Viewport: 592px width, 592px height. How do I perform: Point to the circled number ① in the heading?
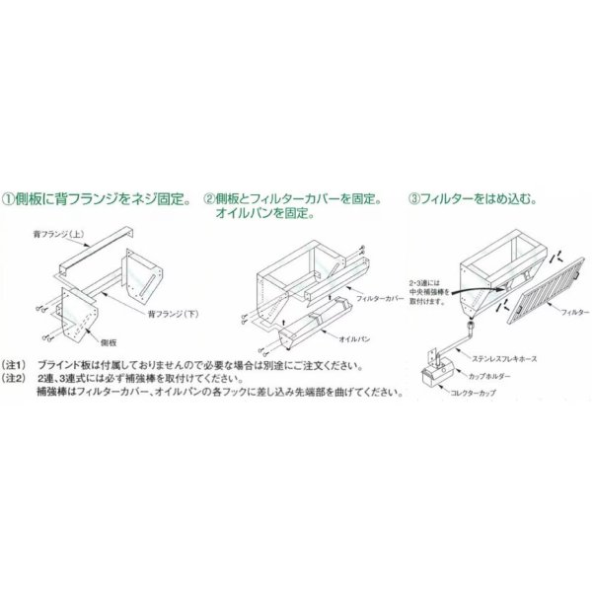pos(9,198)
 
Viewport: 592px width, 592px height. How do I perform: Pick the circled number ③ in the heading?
pos(413,198)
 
